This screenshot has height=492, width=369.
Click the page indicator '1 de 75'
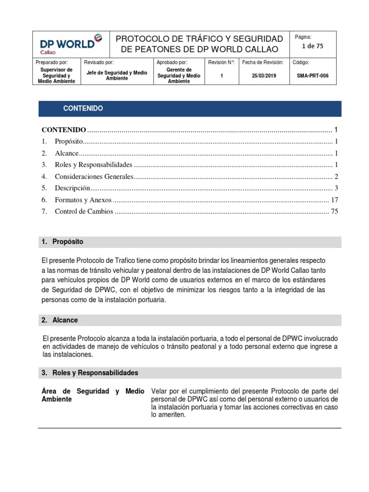(312, 46)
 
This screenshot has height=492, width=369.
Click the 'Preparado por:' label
(52, 62)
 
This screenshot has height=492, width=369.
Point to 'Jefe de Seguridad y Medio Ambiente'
(117, 75)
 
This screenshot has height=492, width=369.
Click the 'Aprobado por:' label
(172, 62)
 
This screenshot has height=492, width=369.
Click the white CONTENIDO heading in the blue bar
(83, 109)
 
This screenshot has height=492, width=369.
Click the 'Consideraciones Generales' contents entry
(93, 176)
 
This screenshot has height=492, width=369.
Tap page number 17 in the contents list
(334, 199)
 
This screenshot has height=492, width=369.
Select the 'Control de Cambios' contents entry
(84, 211)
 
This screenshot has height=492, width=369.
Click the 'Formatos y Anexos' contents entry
(83, 199)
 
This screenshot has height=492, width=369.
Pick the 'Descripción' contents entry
(73, 188)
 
